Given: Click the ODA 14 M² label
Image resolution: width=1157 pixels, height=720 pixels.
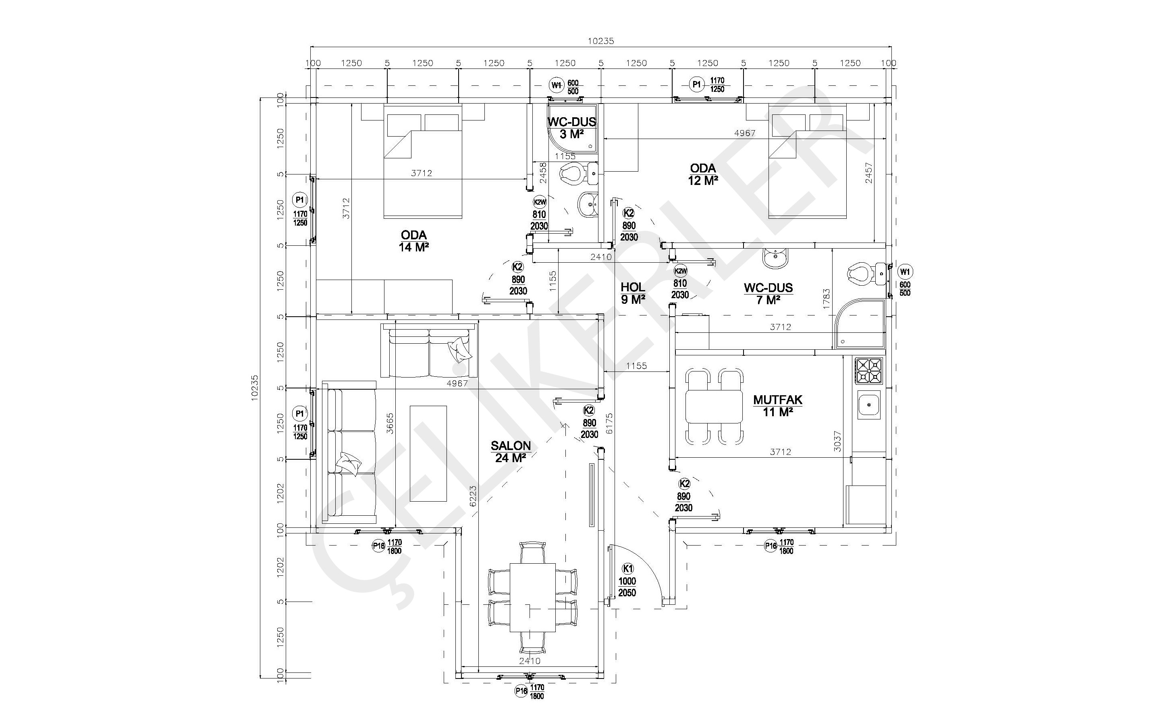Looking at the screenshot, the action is [414, 241].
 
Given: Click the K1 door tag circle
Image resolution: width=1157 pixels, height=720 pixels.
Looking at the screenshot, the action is [628, 569].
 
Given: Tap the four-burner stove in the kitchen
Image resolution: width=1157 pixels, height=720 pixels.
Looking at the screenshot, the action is [869, 371].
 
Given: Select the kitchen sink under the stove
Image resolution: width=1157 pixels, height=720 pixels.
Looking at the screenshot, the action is [869, 405].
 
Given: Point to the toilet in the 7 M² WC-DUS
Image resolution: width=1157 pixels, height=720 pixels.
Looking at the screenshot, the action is [862, 274].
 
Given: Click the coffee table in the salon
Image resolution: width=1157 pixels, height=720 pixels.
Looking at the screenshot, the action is [428, 453].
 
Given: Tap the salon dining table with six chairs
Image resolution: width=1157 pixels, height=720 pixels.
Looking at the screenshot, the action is [532, 598].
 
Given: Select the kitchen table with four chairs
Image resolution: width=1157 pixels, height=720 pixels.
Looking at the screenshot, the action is [714, 406].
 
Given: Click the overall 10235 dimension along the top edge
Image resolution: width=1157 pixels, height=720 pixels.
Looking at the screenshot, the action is [600, 41].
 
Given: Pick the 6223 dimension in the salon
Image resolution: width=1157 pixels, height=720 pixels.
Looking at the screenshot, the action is [473, 497].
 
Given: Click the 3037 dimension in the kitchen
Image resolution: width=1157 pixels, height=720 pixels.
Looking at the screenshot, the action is [838, 441].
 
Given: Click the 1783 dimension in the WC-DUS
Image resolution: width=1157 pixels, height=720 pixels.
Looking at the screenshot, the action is [826, 299].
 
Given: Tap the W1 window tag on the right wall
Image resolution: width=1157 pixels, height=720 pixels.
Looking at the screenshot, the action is [905, 272].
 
